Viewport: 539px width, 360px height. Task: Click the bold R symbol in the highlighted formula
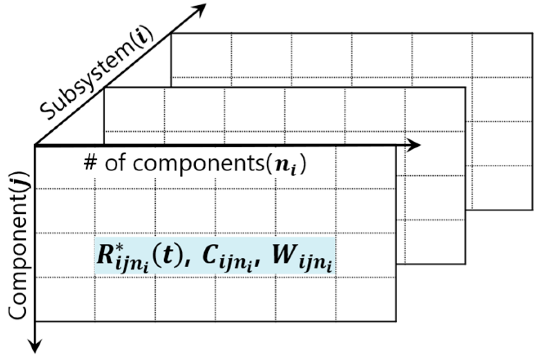coord(105,256)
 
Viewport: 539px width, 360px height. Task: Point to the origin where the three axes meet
coord(36,145)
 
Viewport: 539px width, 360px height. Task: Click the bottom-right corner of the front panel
coord(396,321)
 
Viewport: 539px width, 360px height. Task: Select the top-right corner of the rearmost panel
coord(532,33)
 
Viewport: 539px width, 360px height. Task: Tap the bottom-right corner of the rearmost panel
coord(532,210)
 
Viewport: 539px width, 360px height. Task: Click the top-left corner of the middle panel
coord(105,87)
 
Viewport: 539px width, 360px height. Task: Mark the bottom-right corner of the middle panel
coord(465,264)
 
